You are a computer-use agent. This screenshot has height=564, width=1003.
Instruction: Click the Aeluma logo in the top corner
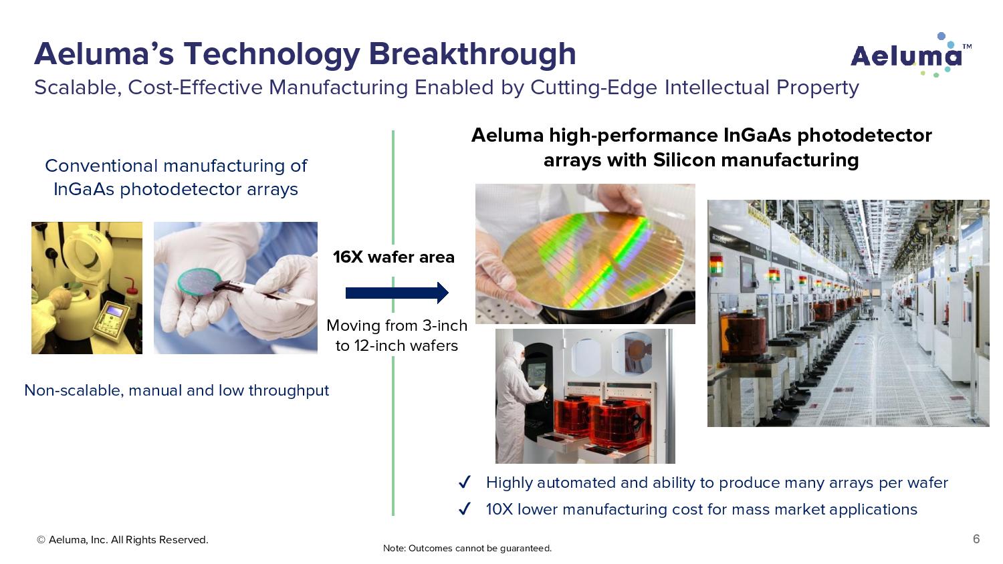911,55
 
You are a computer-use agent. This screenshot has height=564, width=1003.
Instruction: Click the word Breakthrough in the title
472,53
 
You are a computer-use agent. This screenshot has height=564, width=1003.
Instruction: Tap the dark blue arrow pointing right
397,293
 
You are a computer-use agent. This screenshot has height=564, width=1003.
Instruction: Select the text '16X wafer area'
394,257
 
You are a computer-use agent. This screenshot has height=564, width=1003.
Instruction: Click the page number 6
976,539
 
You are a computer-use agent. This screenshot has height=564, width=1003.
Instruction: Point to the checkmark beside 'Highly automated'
465,482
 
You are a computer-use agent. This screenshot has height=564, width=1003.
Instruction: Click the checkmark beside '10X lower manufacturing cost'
465,509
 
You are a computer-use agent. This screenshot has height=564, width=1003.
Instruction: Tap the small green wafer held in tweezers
200,281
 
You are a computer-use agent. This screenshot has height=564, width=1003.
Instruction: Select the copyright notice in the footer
122,540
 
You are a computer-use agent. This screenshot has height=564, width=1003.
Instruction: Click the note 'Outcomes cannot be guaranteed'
467,549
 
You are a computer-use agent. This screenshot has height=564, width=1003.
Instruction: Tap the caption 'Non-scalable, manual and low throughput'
177,390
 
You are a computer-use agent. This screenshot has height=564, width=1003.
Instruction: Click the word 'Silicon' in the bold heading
684,160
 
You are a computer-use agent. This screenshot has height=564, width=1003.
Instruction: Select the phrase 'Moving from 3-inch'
397,325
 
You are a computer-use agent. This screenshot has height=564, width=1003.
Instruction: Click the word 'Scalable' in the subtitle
76,88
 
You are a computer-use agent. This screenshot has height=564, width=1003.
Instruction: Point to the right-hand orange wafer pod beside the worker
621,426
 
